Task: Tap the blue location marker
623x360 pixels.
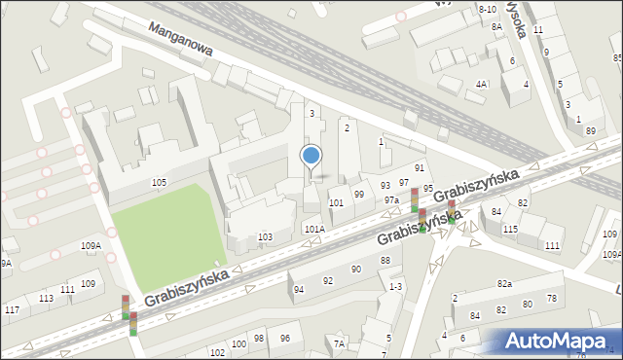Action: (311, 156)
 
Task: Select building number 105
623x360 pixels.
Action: (159, 183)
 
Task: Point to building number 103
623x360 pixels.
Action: (264, 237)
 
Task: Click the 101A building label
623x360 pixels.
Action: (313, 230)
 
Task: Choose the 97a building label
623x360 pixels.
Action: (391, 199)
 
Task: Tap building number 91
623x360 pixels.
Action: (420, 168)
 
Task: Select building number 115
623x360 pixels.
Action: (510, 229)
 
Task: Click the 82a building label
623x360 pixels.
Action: (503, 283)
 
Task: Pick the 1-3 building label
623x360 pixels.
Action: (395, 287)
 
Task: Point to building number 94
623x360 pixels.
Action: (299, 289)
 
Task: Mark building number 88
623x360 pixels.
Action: (385, 260)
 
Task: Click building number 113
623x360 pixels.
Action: (46, 299)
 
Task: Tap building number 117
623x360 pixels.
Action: (12, 309)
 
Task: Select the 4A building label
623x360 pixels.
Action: (481, 85)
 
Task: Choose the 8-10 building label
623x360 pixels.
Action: (488, 9)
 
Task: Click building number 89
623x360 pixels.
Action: (590, 130)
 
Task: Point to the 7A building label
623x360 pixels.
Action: (339, 343)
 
